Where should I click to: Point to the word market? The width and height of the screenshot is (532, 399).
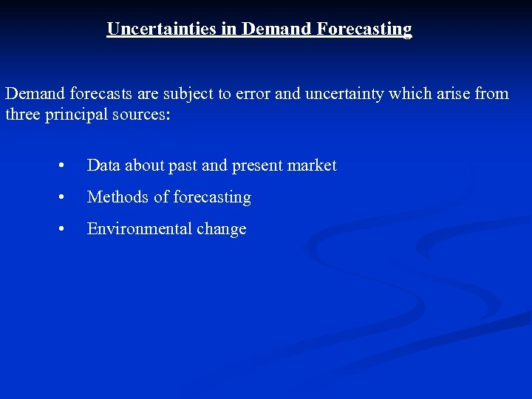(x=313, y=166)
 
